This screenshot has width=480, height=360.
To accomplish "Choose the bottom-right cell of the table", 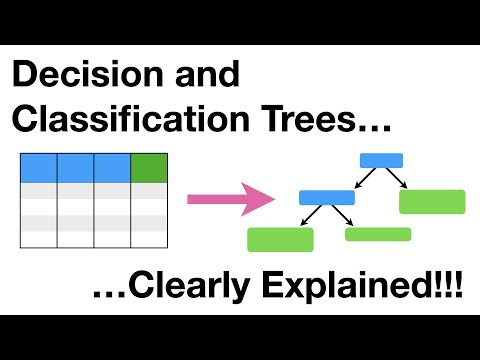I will [149, 239].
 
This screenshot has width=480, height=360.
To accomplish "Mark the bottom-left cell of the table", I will [38, 239].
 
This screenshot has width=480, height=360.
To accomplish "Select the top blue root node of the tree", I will [381, 160].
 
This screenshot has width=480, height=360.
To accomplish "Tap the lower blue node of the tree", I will [326, 197].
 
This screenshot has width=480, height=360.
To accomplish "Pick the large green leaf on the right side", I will [432, 201].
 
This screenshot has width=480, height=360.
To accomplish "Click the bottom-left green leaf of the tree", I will [280, 239].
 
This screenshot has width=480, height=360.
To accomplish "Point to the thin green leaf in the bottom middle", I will [378, 234].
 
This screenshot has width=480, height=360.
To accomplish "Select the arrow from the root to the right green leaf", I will [398, 177].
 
